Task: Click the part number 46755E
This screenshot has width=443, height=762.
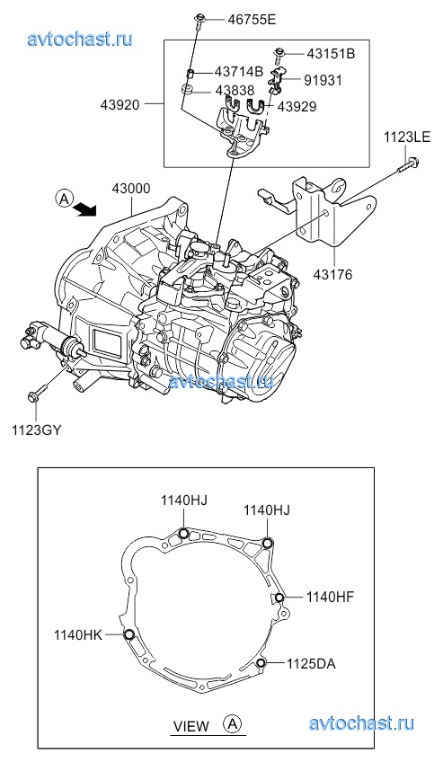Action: [252, 20]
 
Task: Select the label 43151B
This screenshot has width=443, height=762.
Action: [331, 53]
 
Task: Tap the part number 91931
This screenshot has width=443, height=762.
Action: [323, 80]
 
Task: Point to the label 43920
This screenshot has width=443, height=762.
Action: [120, 104]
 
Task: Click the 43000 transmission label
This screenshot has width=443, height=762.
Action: [131, 188]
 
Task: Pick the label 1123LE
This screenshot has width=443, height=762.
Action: [407, 137]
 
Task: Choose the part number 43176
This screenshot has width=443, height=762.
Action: [332, 275]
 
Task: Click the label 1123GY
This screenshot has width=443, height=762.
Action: [37, 430]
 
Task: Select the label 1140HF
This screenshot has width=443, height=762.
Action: [330, 597]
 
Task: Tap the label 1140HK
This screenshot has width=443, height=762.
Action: [77, 634]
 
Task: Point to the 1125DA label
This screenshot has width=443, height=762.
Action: [311, 663]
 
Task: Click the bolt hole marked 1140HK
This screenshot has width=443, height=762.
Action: [129, 634]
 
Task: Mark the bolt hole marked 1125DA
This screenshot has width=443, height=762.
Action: [261, 663]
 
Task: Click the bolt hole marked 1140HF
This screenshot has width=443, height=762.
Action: [279, 598]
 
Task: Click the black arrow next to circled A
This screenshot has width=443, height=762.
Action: [85, 209]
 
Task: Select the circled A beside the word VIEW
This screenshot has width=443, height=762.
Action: [232, 723]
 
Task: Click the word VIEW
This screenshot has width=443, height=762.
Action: [191, 726]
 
